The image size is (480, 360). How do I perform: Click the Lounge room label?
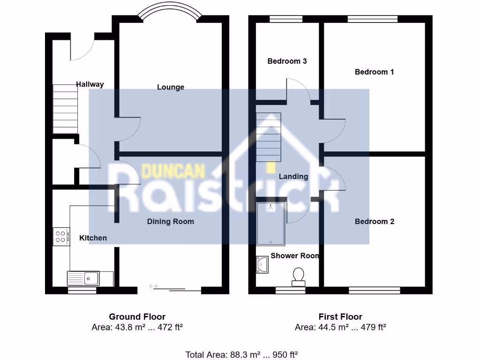click(x=171, y=87)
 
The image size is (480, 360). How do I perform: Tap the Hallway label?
click(x=90, y=84)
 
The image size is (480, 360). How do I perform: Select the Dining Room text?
click(x=171, y=221)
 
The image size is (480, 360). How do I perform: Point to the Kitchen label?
click(x=93, y=238)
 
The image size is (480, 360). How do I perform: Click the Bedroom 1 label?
click(x=374, y=72)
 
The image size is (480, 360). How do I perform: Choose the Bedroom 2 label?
click(x=374, y=221)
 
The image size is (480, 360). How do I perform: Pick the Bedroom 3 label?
click(x=287, y=61)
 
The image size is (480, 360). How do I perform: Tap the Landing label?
click(x=293, y=177)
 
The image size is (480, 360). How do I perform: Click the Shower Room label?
click(x=295, y=256)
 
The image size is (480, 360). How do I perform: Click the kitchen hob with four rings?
click(x=61, y=236)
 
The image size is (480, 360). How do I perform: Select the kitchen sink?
click(x=83, y=278)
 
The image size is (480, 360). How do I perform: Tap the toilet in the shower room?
click(x=298, y=276)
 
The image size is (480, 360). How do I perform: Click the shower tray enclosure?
click(x=271, y=224)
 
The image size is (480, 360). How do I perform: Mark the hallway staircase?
click(x=65, y=109)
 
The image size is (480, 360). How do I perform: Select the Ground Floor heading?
click(x=137, y=317)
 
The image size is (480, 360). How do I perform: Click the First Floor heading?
click(x=340, y=317)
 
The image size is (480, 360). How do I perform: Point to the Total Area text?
click(x=242, y=354)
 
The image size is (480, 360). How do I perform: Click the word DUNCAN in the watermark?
click(x=173, y=171)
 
